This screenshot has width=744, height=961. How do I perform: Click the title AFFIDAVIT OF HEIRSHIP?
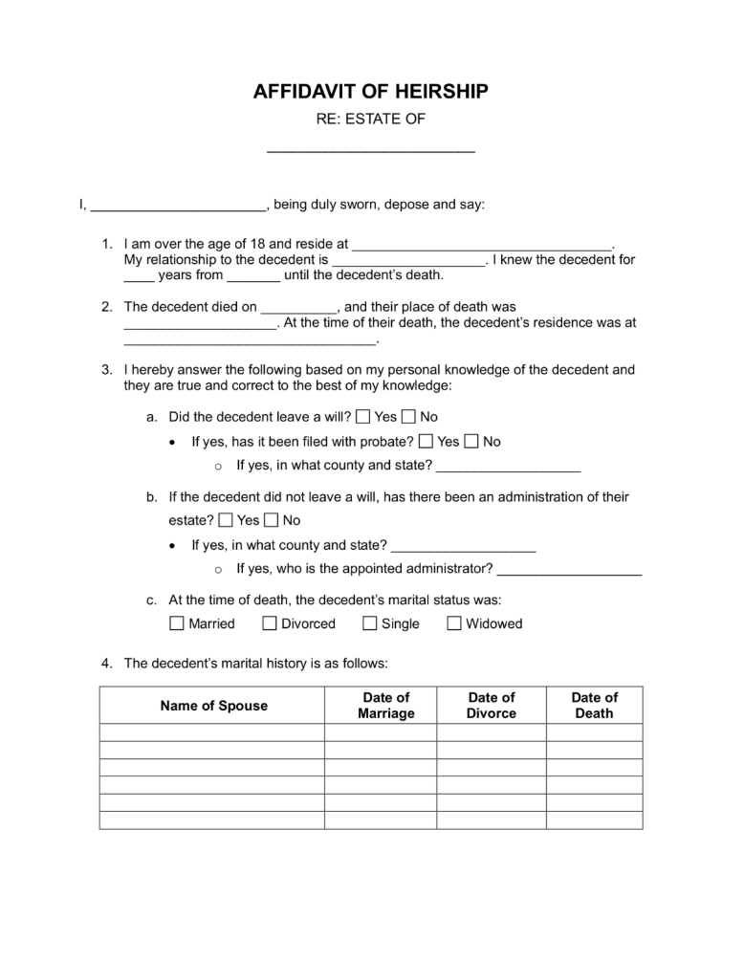(371, 92)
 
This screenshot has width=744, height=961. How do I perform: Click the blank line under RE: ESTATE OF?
(371, 149)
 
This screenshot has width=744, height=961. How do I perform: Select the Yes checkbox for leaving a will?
(363, 417)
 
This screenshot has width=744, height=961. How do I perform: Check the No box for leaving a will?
(409, 417)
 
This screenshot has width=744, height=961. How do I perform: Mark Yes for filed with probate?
(426, 441)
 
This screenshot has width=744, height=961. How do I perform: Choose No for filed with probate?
(471, 441)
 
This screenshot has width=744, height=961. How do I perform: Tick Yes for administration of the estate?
(226, 520)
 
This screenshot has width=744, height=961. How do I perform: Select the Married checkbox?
(178, 624)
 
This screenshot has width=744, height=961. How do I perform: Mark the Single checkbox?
(369, 624)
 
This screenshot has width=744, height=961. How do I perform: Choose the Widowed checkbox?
(454, 624)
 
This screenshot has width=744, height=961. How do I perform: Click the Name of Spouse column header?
(214, 706)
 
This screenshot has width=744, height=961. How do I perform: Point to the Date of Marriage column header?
(386, 706)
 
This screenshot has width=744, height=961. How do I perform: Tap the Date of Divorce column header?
(492, 706)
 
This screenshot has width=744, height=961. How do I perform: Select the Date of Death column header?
(595, 706)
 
